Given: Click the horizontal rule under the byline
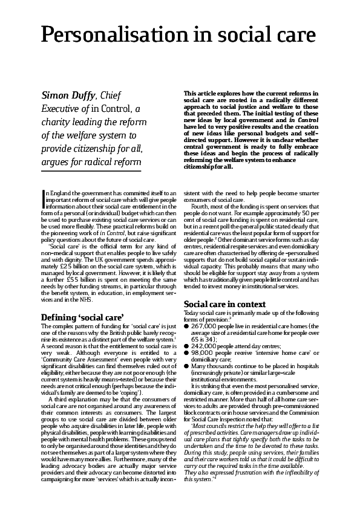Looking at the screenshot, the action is [91, 172].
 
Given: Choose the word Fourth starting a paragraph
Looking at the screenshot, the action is [201, 207].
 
